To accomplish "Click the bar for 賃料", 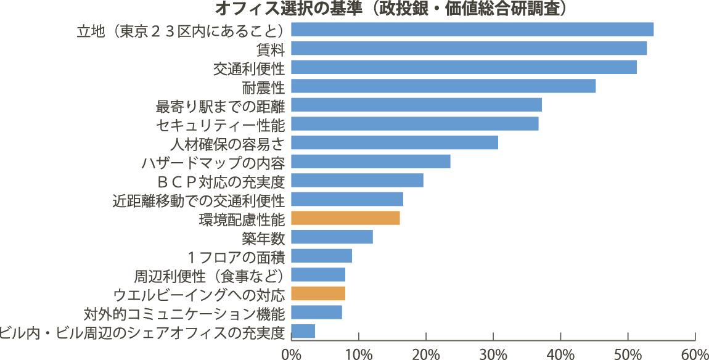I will (469, 48).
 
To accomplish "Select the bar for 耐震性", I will (443, 86).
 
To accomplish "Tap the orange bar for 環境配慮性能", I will (345, 218).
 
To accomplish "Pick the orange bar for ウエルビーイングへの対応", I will (318, 293).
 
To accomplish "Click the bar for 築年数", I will (332, 237).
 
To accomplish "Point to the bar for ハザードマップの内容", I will (370, 162).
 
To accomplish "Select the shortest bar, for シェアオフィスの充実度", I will (303, 331).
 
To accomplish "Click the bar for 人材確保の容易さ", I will (394, 142).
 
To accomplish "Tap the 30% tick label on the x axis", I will (493, 353).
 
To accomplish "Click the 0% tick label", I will (290, 353).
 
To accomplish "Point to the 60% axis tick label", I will (695, 353).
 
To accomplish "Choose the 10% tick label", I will (358, 353).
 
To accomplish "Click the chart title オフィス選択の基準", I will (391, 9).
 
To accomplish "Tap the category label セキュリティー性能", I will (220, 125).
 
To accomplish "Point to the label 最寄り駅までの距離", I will (220, 105).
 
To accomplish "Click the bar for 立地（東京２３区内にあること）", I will (472, 29).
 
